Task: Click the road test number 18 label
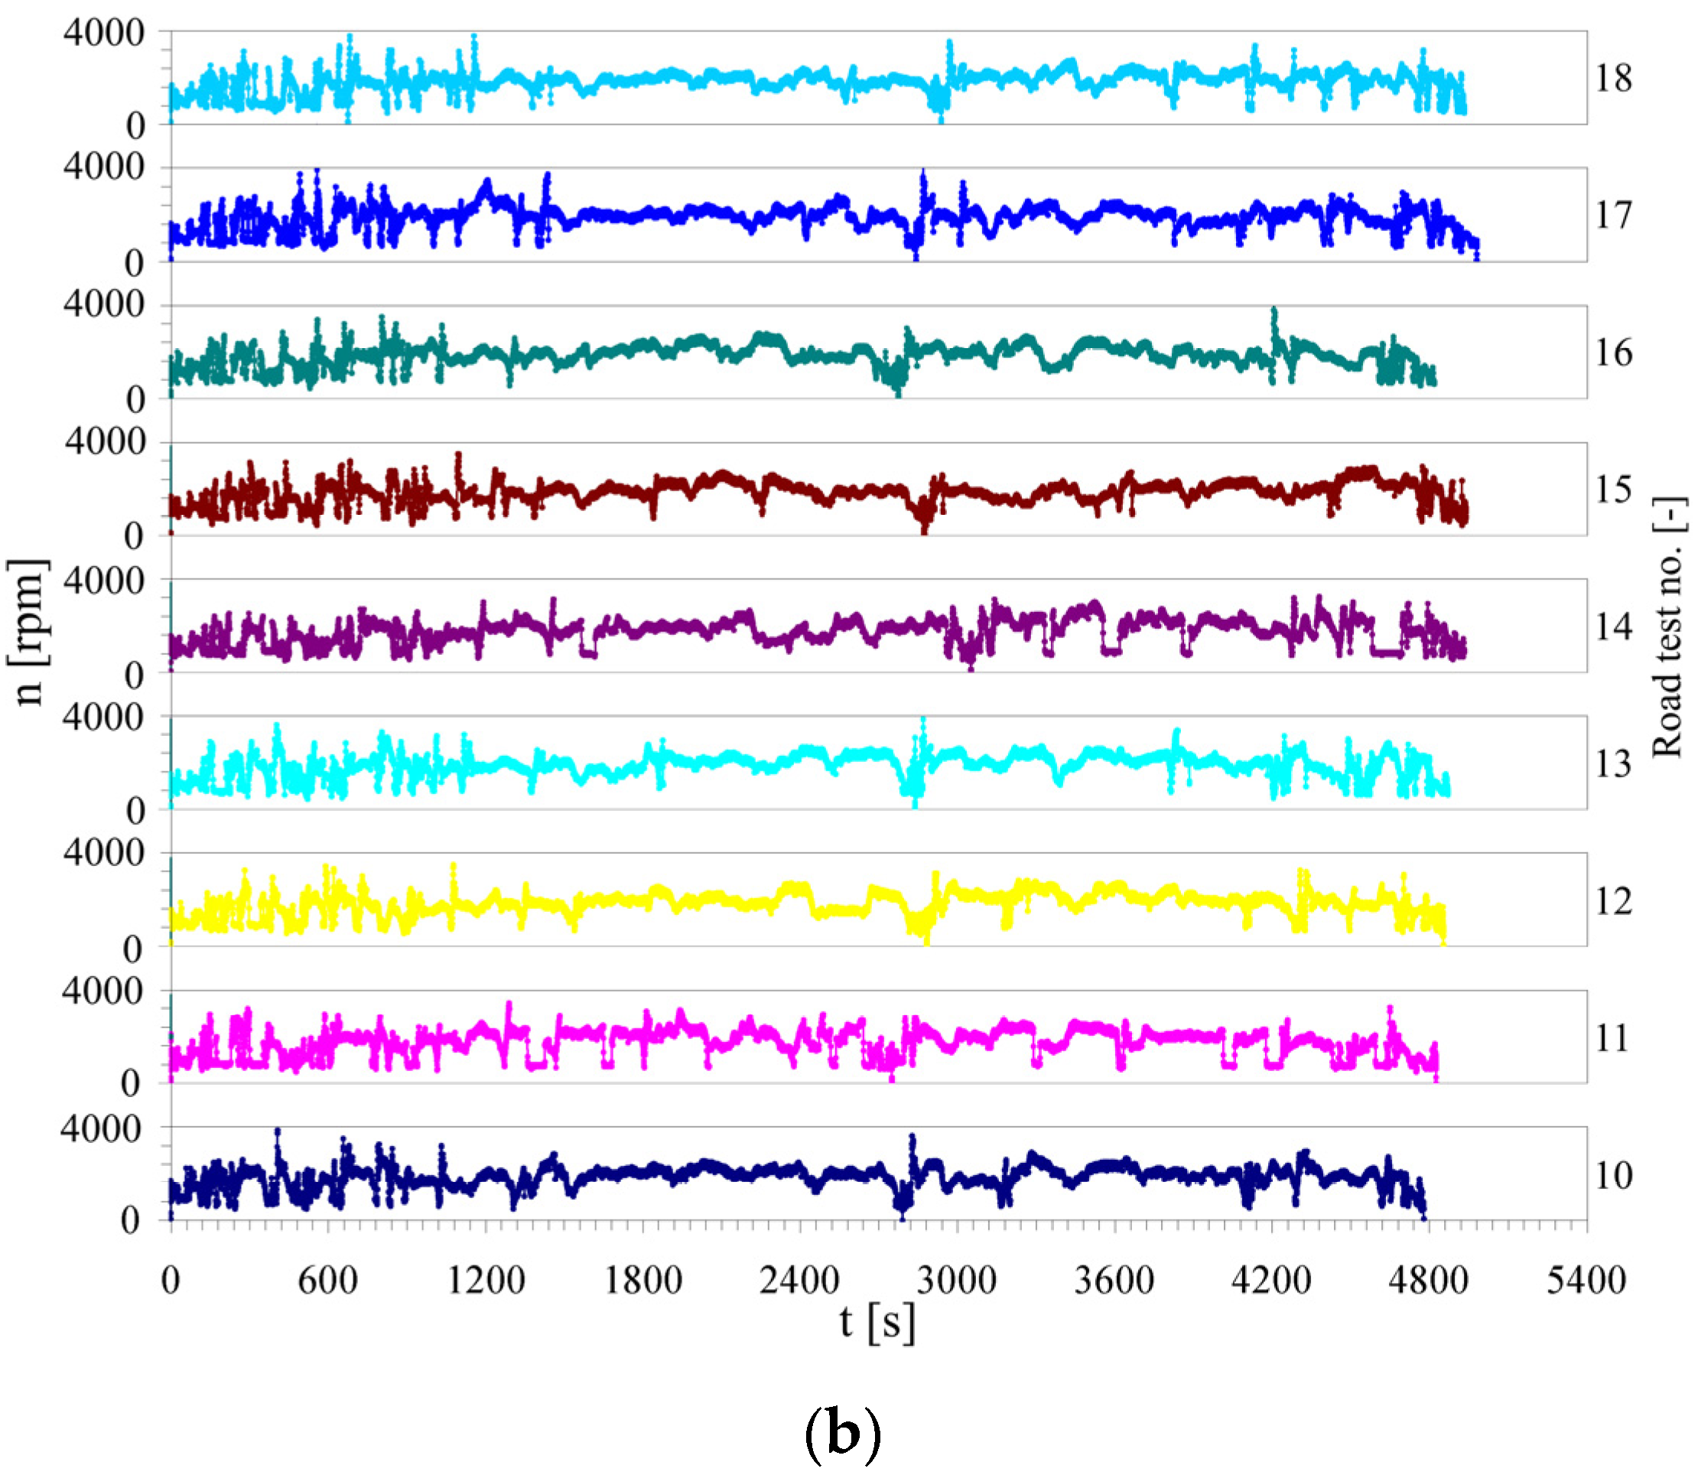[x=1613, y=78]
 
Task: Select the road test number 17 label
[x=1613, y=215]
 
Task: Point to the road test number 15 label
[x=1613, y=490]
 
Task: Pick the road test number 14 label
[x=1613, y=627]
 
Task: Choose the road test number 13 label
[x=1613, y=764]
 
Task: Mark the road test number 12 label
[x=1613, y=901]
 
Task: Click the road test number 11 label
[x=1613, y=1038]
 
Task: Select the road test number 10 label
[x=1613, y=1175]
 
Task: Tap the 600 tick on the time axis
[x=327, y=1281]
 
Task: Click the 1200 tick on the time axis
[x=486, y=1281]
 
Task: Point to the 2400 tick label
[x=799, y=1281]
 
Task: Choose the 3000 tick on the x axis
[x=958, y=1281]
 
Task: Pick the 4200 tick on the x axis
[x=1272, y=1281]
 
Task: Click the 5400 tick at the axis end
[x=1586, y=1281]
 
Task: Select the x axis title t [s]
[x=877, y=1324]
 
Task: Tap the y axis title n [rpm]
[x=30, y=632]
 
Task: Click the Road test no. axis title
[x=1669, y=627]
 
